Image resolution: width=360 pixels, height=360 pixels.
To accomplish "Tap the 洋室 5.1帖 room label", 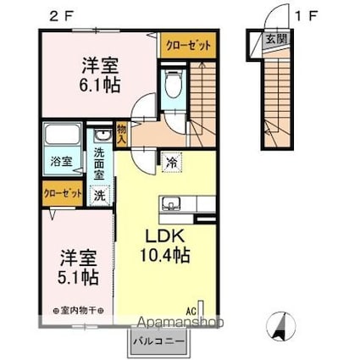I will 76,265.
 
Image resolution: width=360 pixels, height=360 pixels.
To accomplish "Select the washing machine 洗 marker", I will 100,196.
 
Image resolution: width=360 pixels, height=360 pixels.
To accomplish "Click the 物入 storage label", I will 121,132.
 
